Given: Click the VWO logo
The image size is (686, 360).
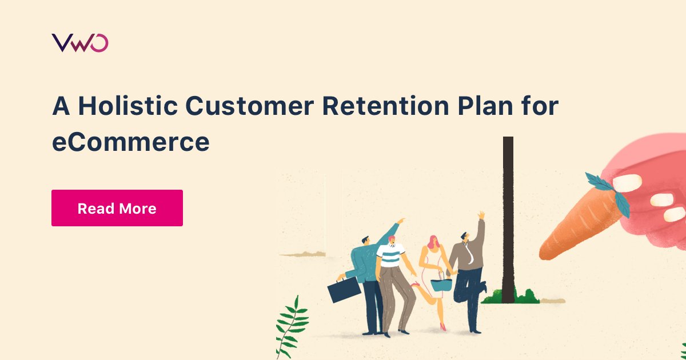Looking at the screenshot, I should [79, 43].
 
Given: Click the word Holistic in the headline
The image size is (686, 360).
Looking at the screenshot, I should [126, 106].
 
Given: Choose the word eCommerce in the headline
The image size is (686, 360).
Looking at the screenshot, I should [130, 142].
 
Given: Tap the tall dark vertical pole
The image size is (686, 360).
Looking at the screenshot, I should [507, 217].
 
